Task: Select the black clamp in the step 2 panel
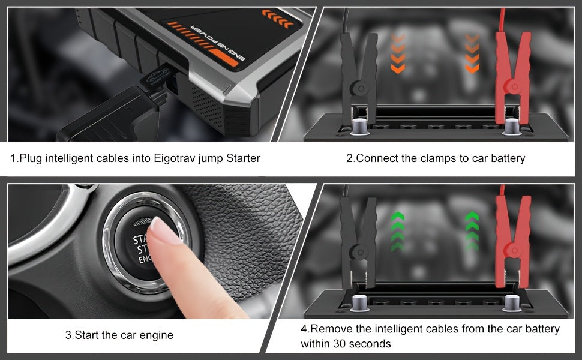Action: pyautogui.click(x=359, y=69)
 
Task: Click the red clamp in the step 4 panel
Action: pyautogui.click(x=512, y=234)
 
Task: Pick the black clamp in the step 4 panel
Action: pyautogui.click(x=358, y=237)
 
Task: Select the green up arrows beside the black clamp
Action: pyautogui.click(x=397, y=230)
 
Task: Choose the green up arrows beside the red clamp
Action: pyautogui.click(x=472, y=230)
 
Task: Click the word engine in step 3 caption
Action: pyautogui.click(x=157, y=335)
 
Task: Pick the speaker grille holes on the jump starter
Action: pyautogui.click(x=204, y=99)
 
